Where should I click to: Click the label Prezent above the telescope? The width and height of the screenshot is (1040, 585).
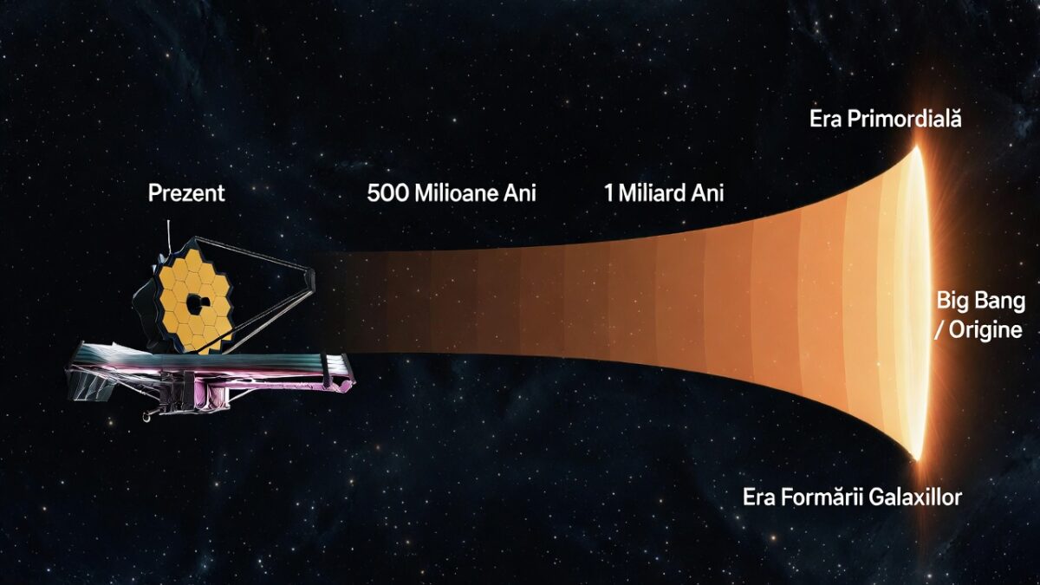(186, 192)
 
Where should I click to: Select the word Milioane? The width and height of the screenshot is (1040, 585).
(454, 192)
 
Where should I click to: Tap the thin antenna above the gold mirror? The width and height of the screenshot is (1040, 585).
(168, 234)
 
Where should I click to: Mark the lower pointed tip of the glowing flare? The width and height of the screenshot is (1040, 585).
(916, 457)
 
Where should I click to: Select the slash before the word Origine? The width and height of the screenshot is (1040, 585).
(942, 329)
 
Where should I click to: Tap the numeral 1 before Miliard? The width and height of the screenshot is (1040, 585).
(609, 192)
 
